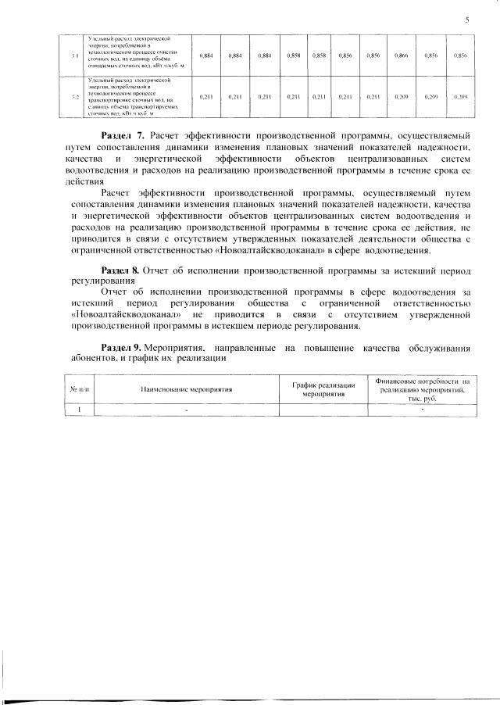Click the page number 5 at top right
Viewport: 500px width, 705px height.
(466, 20)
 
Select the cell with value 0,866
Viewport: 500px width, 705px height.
(401, 55)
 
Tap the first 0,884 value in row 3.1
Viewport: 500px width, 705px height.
(206, 55)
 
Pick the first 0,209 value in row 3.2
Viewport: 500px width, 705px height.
(401, 97)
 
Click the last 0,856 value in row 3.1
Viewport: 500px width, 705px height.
(460, 55)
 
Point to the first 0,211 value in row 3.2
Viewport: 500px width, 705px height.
(206, 97)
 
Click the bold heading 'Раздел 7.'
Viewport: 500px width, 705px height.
(124, 137)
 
